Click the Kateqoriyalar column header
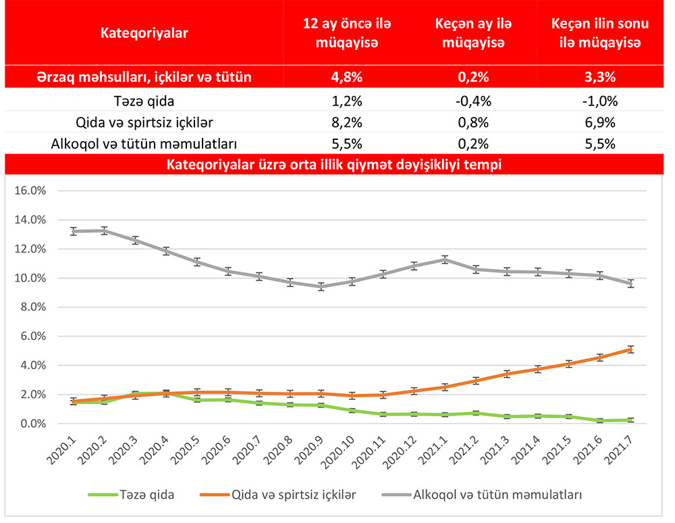point(144,32)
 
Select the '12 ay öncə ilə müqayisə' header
point(347,32)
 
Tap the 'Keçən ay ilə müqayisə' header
point(473,32)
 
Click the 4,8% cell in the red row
point(347,77)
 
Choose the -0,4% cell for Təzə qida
point(473,102)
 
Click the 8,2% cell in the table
point(347,123)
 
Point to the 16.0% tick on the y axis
point(30,191)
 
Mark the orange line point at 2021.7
point(630,349)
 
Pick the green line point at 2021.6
point(598,420)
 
